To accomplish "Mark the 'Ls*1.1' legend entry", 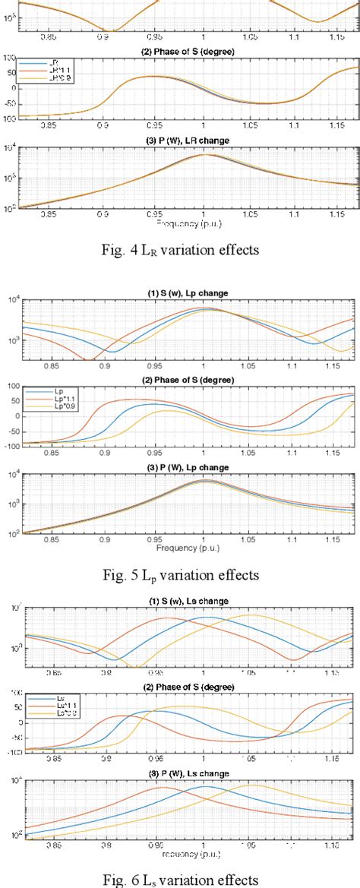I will pos(48,706).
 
